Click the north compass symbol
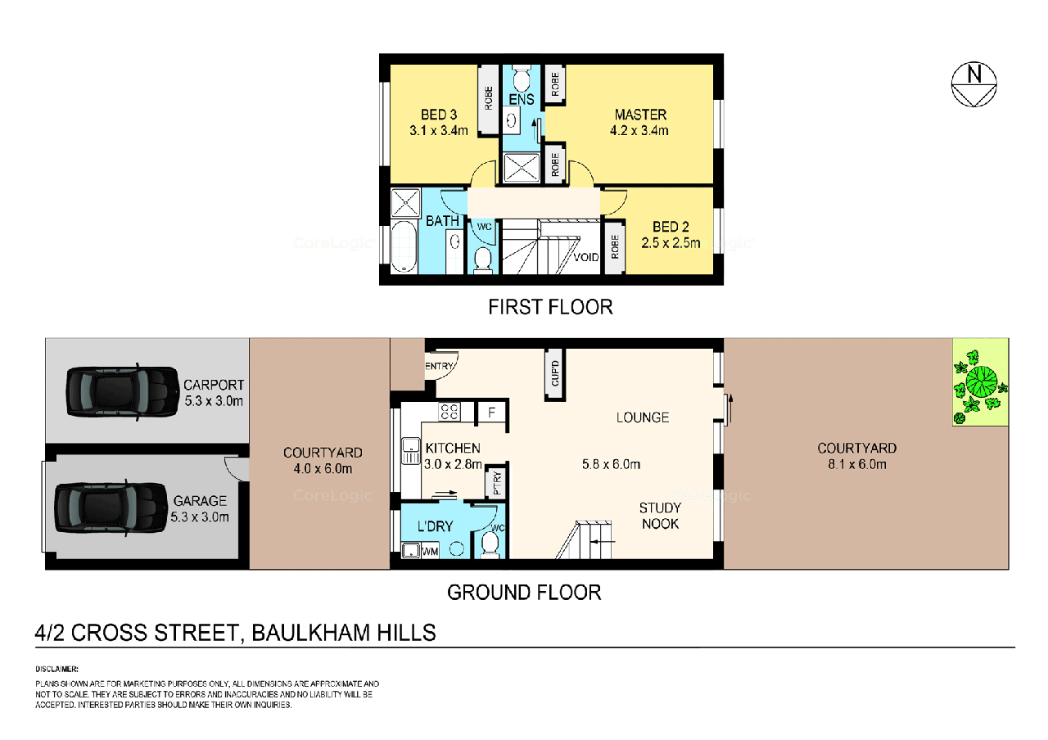[973, 84]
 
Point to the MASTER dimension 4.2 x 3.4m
[641, 130]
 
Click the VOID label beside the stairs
[586, 257]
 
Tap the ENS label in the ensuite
[521, 100]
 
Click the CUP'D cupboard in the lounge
[555, 373]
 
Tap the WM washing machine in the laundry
[429, 552]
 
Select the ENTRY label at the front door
[439, 366]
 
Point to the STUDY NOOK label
[660, 516]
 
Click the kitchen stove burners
[449, 412]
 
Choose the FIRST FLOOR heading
[550, 307]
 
